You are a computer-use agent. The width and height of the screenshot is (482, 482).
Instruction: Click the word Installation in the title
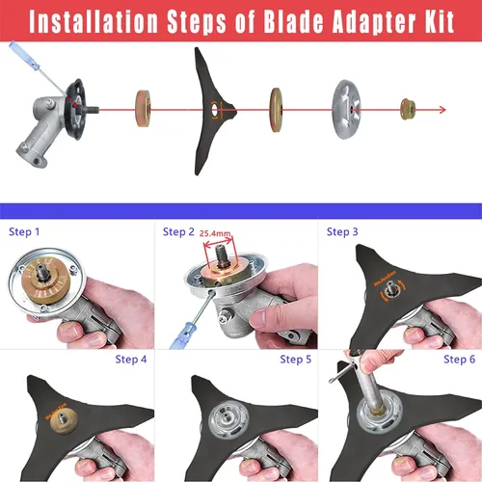click(x=94, y=22)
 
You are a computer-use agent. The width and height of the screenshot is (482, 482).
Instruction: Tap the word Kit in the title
click(x=440, y=21)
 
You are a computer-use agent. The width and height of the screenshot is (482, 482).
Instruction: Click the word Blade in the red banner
click(x=293, y=21)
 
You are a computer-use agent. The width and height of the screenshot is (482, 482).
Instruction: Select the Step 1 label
click(x=24, y=231)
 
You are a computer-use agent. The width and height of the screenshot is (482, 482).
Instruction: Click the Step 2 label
click(x=178, y=231)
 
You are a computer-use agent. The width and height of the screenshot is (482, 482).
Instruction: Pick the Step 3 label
click(x=342, y=231)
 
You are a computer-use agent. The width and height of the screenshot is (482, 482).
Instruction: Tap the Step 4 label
click(x=131, y=360)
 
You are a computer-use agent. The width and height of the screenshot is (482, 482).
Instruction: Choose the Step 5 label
click(x=295, y=360)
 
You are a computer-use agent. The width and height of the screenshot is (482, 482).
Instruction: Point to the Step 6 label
click(x=459, y=360)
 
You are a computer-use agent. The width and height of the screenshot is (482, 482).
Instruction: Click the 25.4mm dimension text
click(x=215, y=233)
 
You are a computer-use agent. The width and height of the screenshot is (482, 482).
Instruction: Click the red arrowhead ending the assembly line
click(x=442, y=110)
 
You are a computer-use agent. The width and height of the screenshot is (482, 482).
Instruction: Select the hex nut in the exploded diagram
click(x=408, y=109)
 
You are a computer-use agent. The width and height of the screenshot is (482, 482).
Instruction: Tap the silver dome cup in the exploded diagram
click(x=346, y=109)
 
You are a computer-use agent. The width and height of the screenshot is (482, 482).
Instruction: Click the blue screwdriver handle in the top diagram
click(x=23, y=54)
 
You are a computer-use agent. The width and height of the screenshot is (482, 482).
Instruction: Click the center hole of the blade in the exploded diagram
click(x=214, y=110)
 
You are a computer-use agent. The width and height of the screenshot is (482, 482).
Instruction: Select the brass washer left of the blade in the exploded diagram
click(x=143, y=109)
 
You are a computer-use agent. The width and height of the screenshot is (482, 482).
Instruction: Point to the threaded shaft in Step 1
click(x=42, y=272)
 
